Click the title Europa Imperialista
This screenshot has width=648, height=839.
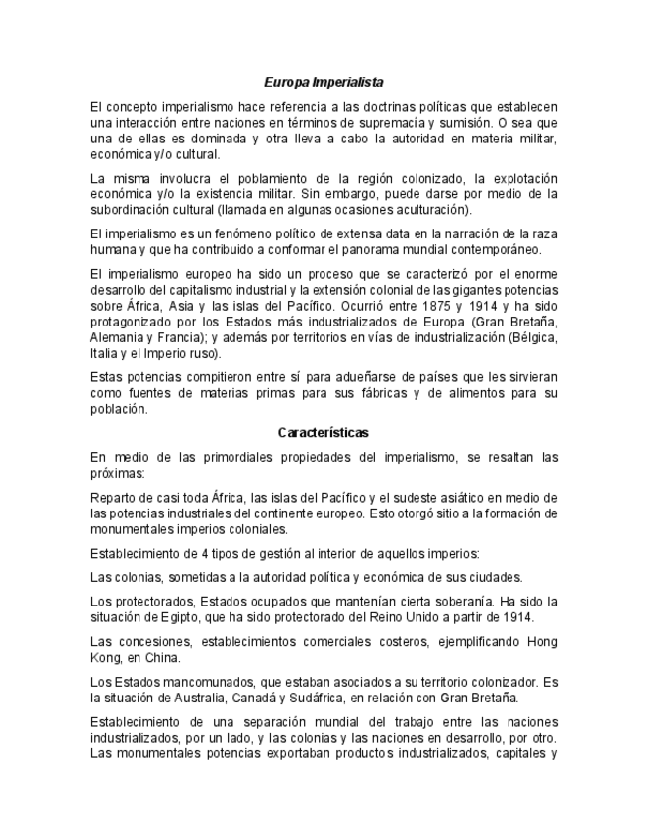pyautogui.click(x=324, y=83)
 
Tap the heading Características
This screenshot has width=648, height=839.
pyautogui.click(x=324, y=432)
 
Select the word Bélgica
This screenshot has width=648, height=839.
pyautogui.click(x=533, y=337)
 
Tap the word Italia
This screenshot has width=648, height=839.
pyautogui.click(x=105, y=353)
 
